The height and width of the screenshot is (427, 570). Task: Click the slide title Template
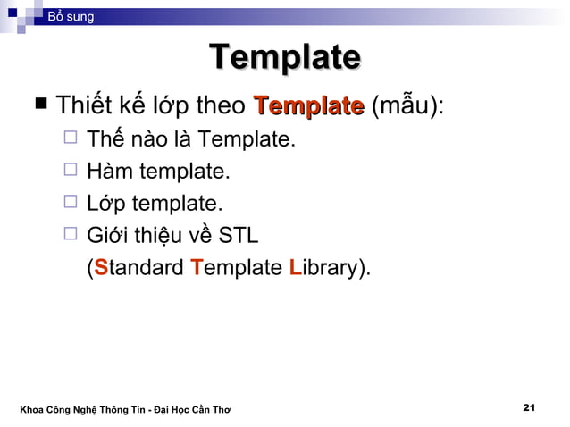[x=284, y=58]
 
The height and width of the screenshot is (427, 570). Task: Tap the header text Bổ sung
[x=71, y=17]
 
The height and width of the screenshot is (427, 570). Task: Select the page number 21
[x=528, y=408]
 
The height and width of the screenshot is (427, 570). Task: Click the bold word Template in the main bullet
[x=308, y=107]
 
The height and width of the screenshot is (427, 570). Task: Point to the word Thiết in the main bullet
[x=85, y=107]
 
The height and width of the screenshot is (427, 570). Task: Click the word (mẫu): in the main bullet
[x=407, y=107]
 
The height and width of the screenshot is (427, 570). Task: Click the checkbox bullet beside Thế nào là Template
[x=72, y=139]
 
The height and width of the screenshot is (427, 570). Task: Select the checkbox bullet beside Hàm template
[x=72, y=171]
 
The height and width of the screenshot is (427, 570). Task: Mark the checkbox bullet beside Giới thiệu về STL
[x=72, y=235]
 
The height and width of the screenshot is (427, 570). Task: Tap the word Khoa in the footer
[x=33, y=410]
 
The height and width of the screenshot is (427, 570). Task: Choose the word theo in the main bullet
[x=220, y=107]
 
